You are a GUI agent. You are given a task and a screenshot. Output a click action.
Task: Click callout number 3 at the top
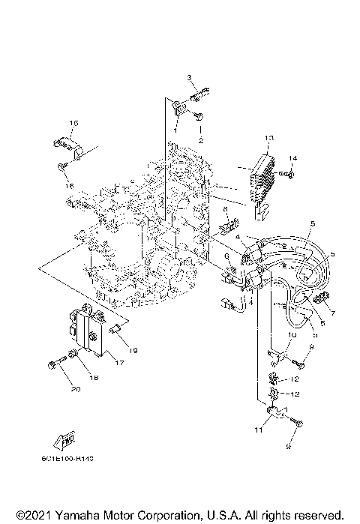(190, 78)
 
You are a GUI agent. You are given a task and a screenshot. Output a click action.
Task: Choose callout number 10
(293, 337)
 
